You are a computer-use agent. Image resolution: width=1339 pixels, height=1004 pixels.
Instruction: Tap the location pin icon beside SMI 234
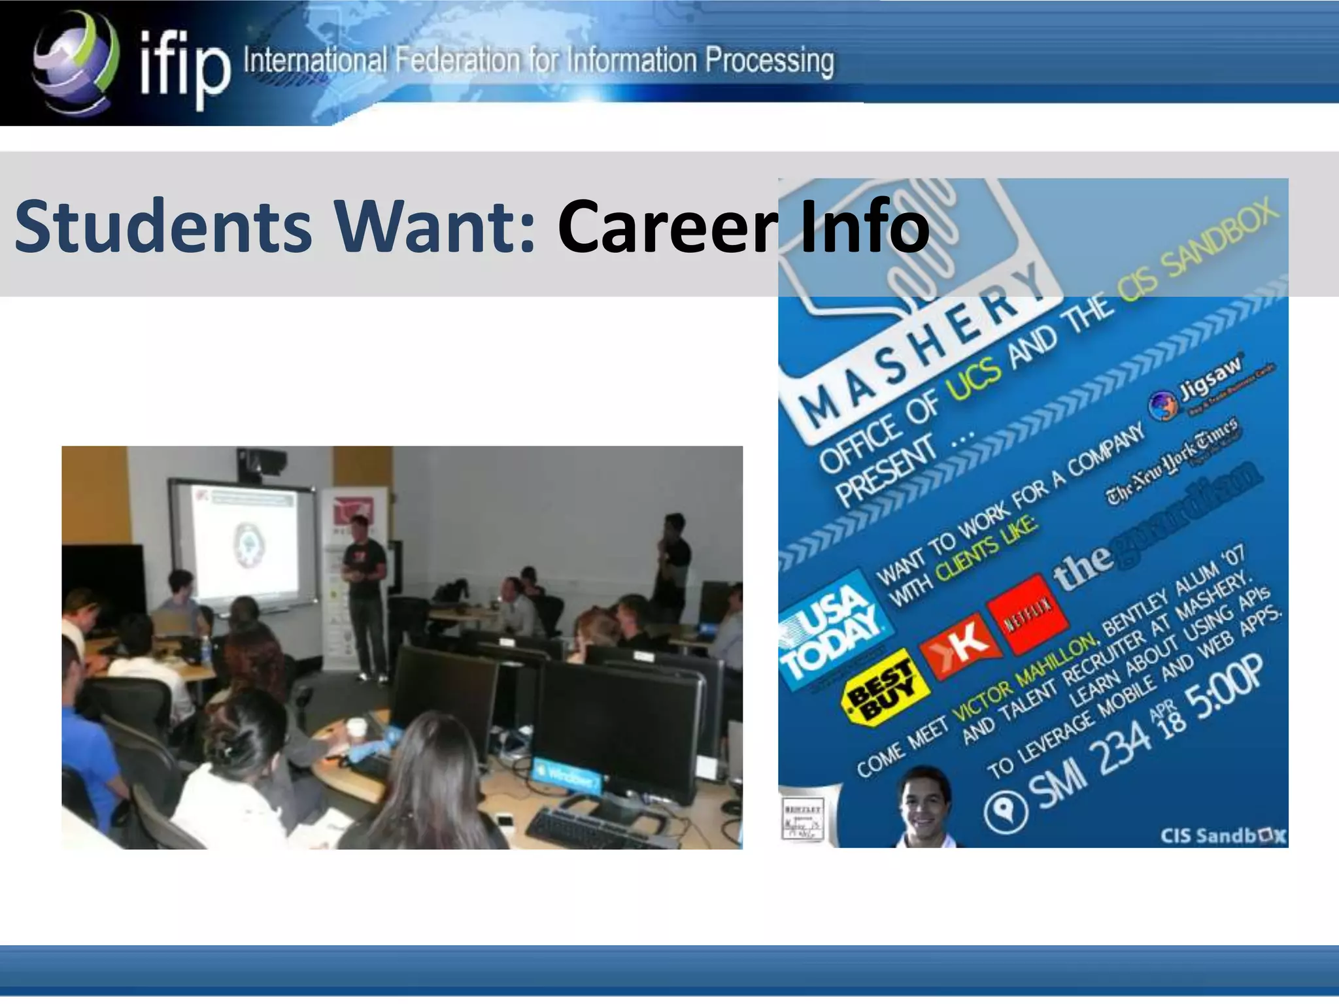tap(1006, 811)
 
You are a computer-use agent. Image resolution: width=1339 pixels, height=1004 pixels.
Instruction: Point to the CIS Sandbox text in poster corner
tap(1223, 836)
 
